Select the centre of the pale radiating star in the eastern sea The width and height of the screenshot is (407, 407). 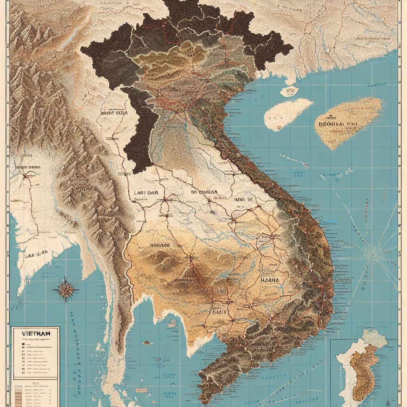point(372,252)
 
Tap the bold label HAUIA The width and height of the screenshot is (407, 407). point(271,280)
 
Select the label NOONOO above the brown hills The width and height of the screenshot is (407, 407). point(160,246)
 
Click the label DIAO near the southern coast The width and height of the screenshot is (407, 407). point(219,312)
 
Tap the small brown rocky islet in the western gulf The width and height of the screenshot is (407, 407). point(147,342)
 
